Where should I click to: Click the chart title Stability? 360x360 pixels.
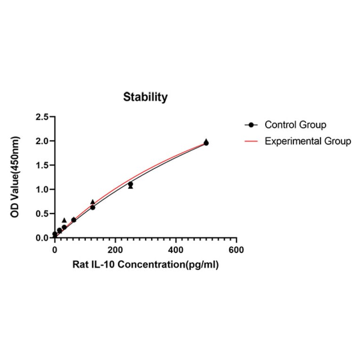tap(145, 98)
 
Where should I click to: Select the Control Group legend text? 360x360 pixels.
tap(295, 125)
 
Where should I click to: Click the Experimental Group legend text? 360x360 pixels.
tap(308, 141)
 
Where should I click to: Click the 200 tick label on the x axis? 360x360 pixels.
tap(115, 250)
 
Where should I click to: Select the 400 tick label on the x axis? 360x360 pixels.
tap(176, 250)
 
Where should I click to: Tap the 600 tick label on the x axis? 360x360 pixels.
tap(237, 250)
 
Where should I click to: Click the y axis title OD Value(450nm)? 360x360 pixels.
tap(16, 177)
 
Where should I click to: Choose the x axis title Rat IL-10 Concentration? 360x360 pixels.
tap(146, 265)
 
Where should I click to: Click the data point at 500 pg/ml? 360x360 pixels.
tap(206, 143)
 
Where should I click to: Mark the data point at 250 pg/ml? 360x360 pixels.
tap(131, 184)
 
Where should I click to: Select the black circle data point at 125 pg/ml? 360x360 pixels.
tap(93, 207)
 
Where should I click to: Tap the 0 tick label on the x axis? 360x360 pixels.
tap(55, 250)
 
